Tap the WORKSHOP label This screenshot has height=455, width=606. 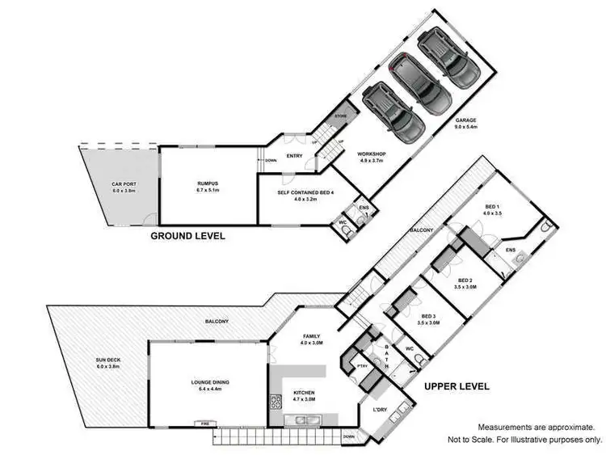pyautogui.click(x=374, y=154)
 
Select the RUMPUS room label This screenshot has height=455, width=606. pyautogui.click(x=208, y=183)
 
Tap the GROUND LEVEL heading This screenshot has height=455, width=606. pyautogui.click(x=187, y=236)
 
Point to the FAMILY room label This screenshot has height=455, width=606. pyautogui.click(x=312, y=335)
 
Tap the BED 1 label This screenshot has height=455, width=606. pyautogui.click(x=493, y=207)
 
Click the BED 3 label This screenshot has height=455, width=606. pyautogui.click(x=428, y=316)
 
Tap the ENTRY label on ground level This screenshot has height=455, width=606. pyautogui.click(x=294, y=157)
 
